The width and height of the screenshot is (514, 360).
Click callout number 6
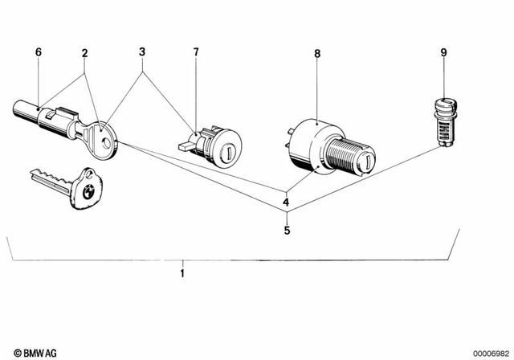[x=37, y=53]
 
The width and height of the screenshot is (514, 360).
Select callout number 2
[x=84, y=53]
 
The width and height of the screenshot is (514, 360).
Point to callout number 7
[x=195, y=53]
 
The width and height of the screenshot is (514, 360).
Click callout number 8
[x=317, y=54]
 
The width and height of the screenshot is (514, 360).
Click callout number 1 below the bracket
[x=182, y=274]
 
